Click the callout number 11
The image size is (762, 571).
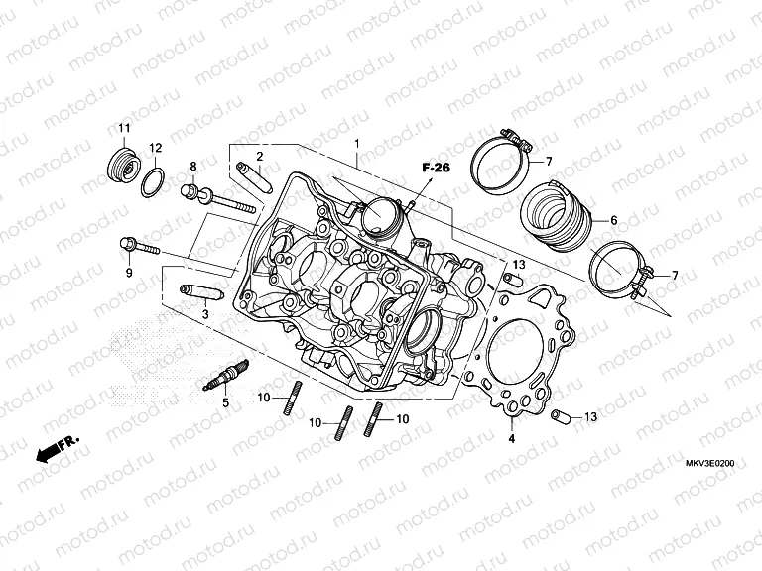point(125,130)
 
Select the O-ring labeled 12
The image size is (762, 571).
point(152,180)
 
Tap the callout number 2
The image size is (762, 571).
point(259,157)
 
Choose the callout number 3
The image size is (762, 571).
point(205,314)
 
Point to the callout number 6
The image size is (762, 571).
point(613,220)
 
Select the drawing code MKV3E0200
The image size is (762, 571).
point(708,463)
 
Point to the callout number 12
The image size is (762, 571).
point(156,148)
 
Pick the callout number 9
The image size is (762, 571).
point(128,273)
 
